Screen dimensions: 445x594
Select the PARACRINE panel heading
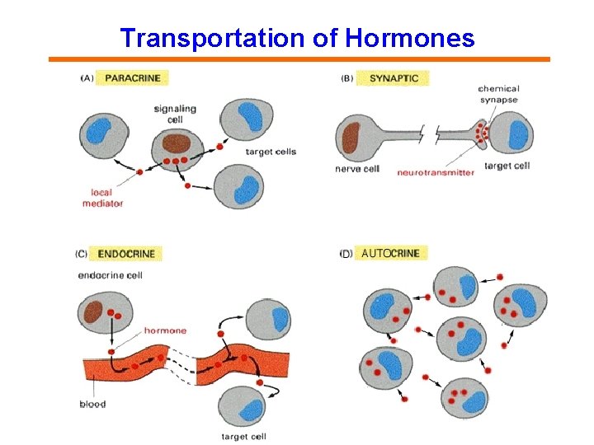pos(133,78)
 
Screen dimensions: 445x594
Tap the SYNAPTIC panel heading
pos(394,78)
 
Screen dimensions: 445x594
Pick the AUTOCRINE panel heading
pos(390,254)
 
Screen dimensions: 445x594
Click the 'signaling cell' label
pos(174,114)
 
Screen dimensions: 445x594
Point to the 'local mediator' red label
pos(102,198)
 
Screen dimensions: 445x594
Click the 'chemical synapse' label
pos(498,94)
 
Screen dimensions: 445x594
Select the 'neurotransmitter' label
pos(435,172)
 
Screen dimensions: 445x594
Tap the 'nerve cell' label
pos(357,168)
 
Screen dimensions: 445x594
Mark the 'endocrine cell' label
pos(110,274)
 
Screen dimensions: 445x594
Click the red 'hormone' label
pos(165,330)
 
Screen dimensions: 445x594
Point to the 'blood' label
pos(92,404)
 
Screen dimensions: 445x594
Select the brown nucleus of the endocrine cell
pos(92,311)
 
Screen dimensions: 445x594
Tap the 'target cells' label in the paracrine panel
pos(271,152)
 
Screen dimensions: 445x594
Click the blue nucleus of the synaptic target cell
pos(518,134)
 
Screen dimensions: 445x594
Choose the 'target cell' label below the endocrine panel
pos(243,436)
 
